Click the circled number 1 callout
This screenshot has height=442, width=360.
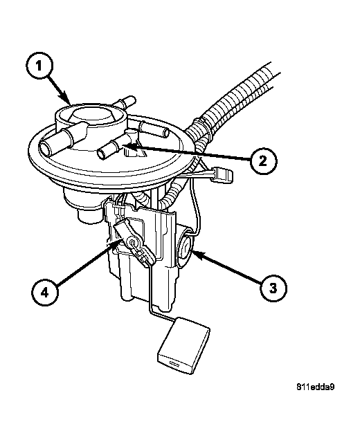(39, 66)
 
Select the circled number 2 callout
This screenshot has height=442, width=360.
(263, 161)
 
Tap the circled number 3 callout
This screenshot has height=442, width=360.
(273, 288)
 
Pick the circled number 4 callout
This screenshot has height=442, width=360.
(44, 292)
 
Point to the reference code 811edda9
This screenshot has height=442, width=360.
(315, 387)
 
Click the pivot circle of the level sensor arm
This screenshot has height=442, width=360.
(132, 242)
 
